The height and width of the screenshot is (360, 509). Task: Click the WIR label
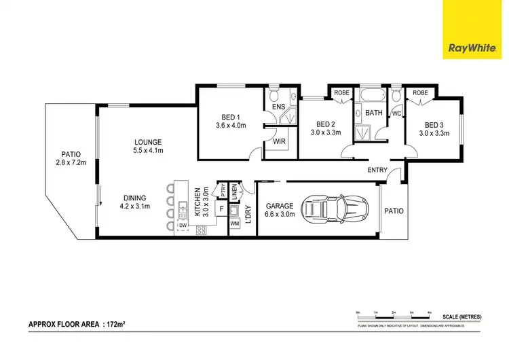pyautogui.click(x=278, y=142)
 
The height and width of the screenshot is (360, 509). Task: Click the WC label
pyautogui.click(x=396, y=113)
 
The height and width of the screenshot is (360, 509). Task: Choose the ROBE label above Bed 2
pyautogui.click(x=341, y=92)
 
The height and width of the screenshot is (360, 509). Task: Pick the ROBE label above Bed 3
pyautogui.click(x=420, y=92)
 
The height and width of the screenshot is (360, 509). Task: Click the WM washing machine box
pyautogui.click(x=235, y=223)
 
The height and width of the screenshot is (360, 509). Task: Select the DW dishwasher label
pyautogui.click(x=182, y=225)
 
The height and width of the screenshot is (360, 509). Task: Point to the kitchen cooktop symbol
pyautogui.click(x=202, y=230)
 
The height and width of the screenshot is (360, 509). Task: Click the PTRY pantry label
pyautogui.click(x=221, y=190)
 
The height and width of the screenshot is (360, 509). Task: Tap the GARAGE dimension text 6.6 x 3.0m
pyautogui.click(x=280, y=214)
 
